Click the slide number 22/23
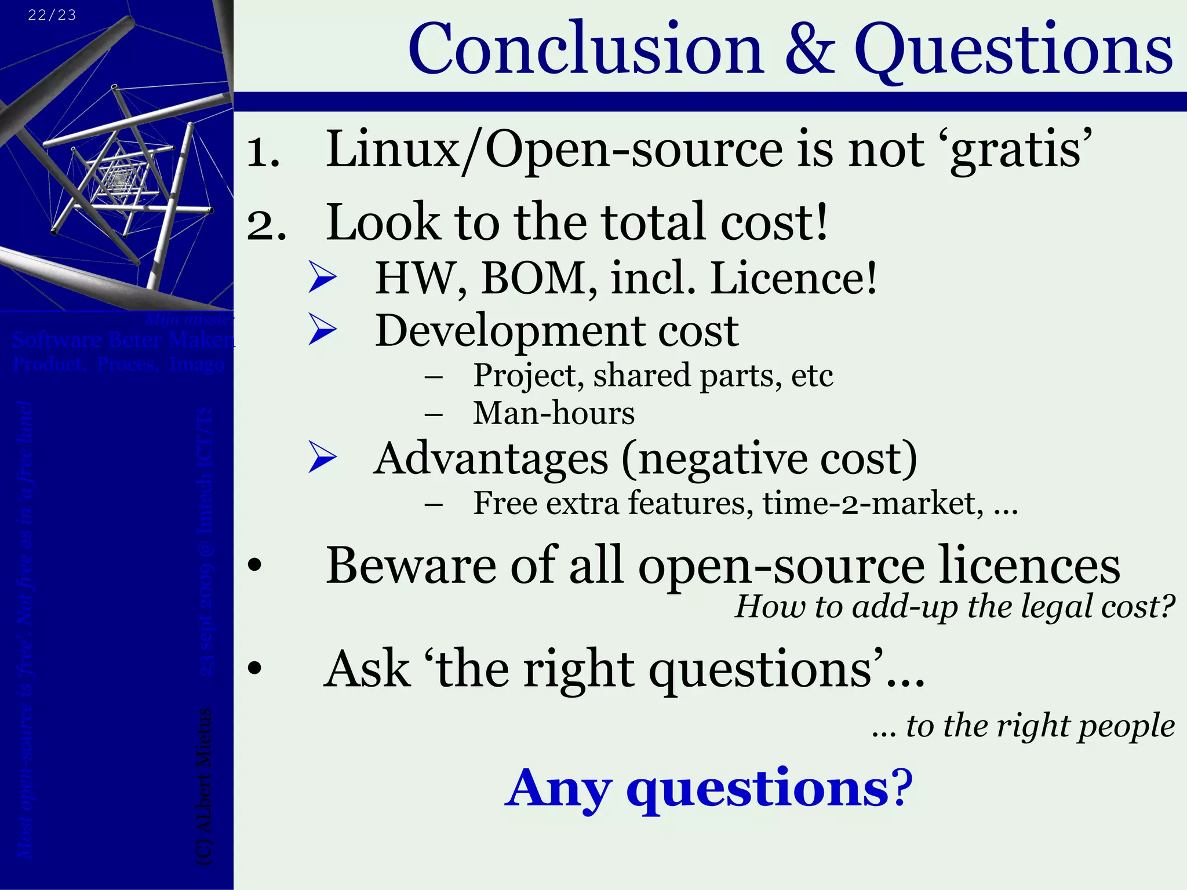[52, 15]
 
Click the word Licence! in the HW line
[793, 278]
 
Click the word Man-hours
[554, 414]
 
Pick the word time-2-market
[873, 503]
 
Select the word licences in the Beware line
[1029, 566]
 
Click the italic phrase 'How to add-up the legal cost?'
[954, 607]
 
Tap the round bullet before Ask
[254, 670]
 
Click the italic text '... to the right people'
[1022, 725]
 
